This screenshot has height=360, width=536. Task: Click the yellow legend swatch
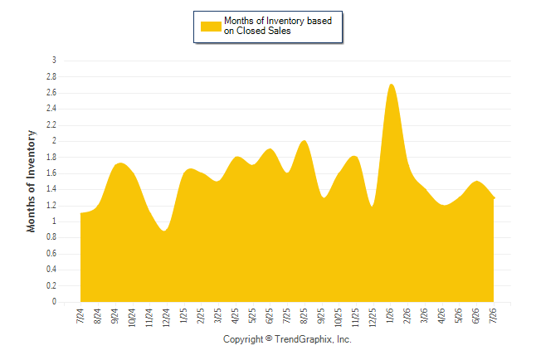[x=211, y=27]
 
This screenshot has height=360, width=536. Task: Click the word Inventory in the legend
[x=285, y=21]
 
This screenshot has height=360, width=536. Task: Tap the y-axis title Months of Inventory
[x=31, y=181]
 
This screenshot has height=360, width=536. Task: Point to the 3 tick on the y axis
[x=54, y=61]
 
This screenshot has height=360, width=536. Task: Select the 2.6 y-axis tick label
[x=51, y=93]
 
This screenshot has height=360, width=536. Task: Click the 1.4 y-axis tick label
[x=51, y=189]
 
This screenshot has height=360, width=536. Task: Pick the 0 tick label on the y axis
[x=54, y=302]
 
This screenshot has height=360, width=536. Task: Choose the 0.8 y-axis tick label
[x=51, y=237]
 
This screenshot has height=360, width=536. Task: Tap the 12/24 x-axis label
[x=167, y=318]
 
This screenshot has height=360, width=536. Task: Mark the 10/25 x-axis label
[x=339, y=318]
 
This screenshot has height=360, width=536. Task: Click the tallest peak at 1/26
[x=392, y=85]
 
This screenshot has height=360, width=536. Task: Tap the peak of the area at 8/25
[x=305, y=141]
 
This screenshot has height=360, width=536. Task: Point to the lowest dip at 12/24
[x=164, y=231]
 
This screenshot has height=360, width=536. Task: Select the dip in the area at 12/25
[x=372, y=206]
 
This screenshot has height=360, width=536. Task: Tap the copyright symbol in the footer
[x=269, y=338]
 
